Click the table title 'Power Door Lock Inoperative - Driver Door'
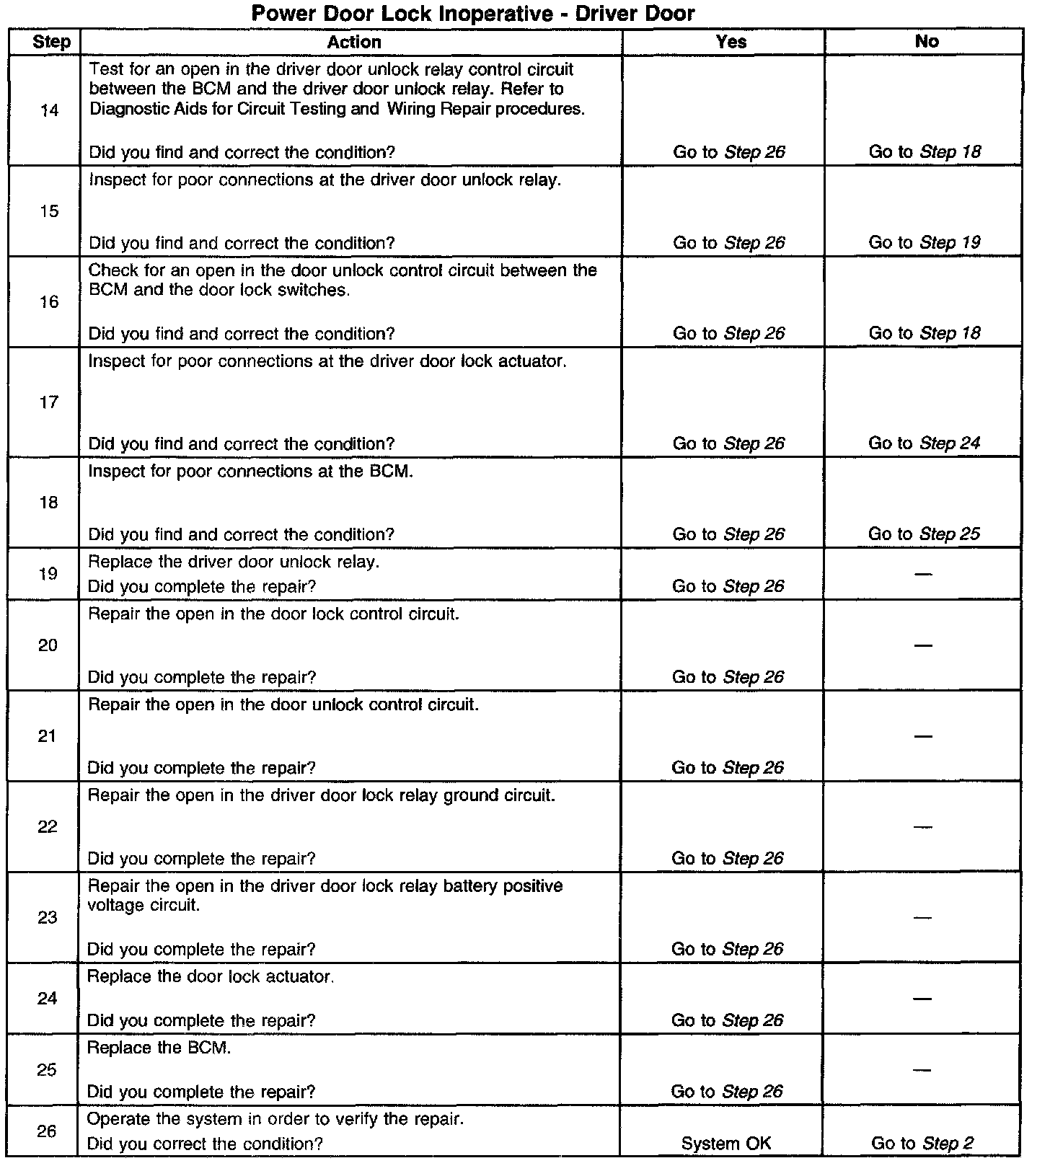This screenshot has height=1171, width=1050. point(473,13)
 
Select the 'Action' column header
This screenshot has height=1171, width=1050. point(353,42)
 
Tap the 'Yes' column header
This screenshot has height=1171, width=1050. point(731,42)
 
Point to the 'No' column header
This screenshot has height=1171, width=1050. point(927,42)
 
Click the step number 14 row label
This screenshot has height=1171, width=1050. point(49,110)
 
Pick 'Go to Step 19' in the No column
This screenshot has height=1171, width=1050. point(924,242)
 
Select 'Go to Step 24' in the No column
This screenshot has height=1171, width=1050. point(924,443)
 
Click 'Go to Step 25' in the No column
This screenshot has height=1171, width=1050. point(924,534)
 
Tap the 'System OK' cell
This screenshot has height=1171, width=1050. point(726,1144)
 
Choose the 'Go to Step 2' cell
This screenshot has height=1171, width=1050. point(922,1144)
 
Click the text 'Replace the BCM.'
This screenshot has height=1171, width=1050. point(159,1048)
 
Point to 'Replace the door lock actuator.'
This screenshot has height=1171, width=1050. point(211,977)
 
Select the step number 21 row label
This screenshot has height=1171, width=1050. point(48,736)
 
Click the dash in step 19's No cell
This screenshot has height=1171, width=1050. point(923,574)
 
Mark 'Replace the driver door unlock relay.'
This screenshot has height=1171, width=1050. point(234,562)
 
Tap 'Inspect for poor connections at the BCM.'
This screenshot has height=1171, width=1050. point(250,471)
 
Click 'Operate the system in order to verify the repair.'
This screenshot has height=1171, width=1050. point(275,1119)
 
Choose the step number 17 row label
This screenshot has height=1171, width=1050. point(48,402)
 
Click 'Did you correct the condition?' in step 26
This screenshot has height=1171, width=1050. point(205,1144)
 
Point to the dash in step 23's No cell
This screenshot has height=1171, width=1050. point(923,917)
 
